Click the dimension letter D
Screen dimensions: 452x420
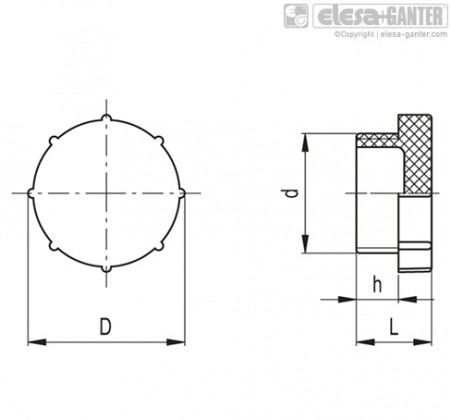point(105,327)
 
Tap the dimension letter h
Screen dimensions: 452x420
point(377,285)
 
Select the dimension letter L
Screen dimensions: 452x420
point(394,327)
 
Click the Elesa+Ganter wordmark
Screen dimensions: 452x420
point(380,16)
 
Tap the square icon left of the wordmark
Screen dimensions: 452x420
point(296,16)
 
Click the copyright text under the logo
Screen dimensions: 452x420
point(391,34)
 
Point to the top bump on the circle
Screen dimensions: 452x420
point(106,118)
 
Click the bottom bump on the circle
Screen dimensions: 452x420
point(106,268)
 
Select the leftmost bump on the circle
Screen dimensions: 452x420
point(31,193)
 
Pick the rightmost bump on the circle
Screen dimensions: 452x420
point(182,193)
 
